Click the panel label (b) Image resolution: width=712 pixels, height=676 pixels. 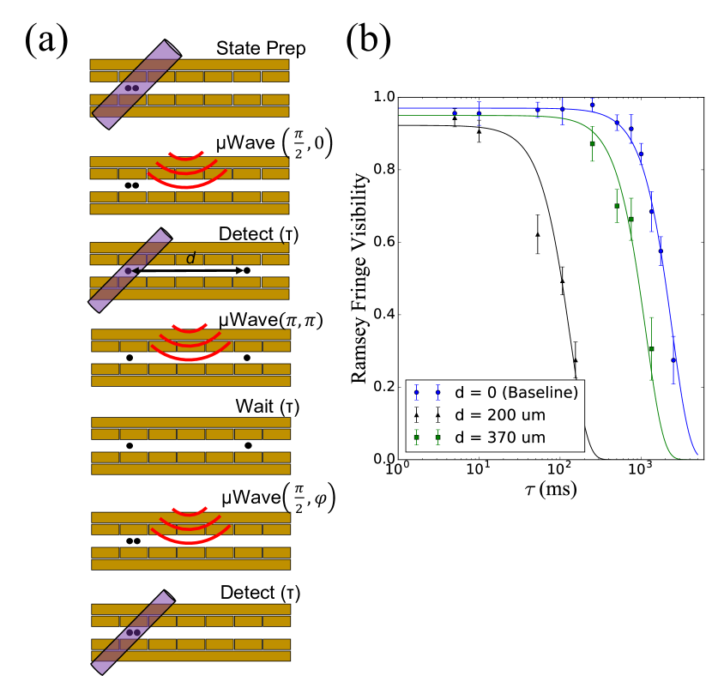pyautogui.click(x=368, y=39)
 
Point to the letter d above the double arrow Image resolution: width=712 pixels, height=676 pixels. pyautogui.click(x=190, y=257)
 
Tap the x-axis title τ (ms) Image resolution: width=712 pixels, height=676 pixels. pyautogui.click(x=550, y=491)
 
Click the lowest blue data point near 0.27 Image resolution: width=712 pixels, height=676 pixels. pyautogui.click(x=673, y=360)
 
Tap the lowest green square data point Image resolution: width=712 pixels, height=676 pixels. pyautogui.click(x=651, y=349)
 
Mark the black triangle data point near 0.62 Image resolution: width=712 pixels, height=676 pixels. pyautogui.click(x=538, y=234)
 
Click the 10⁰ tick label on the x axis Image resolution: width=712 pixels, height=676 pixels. pyautogui.click(x=395, y=472)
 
